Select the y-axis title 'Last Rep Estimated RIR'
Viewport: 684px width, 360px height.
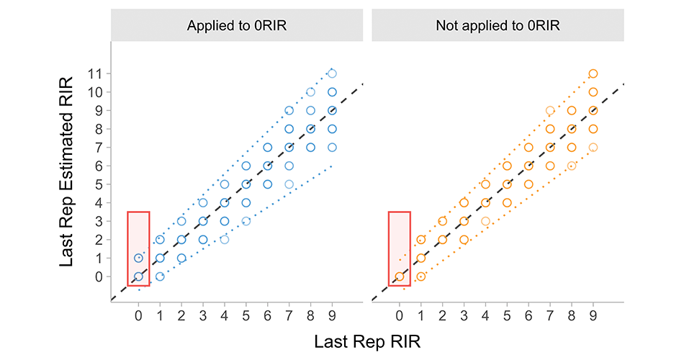67,174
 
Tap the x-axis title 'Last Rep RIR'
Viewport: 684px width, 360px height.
367,342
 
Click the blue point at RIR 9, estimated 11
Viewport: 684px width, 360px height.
332,73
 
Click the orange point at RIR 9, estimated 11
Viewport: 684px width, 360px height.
593,73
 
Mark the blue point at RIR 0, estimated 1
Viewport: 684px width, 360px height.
138,258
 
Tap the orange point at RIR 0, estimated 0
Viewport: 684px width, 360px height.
399,276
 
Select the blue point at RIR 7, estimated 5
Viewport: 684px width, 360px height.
289,184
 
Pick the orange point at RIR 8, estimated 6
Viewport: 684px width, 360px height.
572,166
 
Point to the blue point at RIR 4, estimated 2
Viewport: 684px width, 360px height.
224,240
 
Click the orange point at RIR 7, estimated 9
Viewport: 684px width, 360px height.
550,110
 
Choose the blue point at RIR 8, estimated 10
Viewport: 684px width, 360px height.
310,92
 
